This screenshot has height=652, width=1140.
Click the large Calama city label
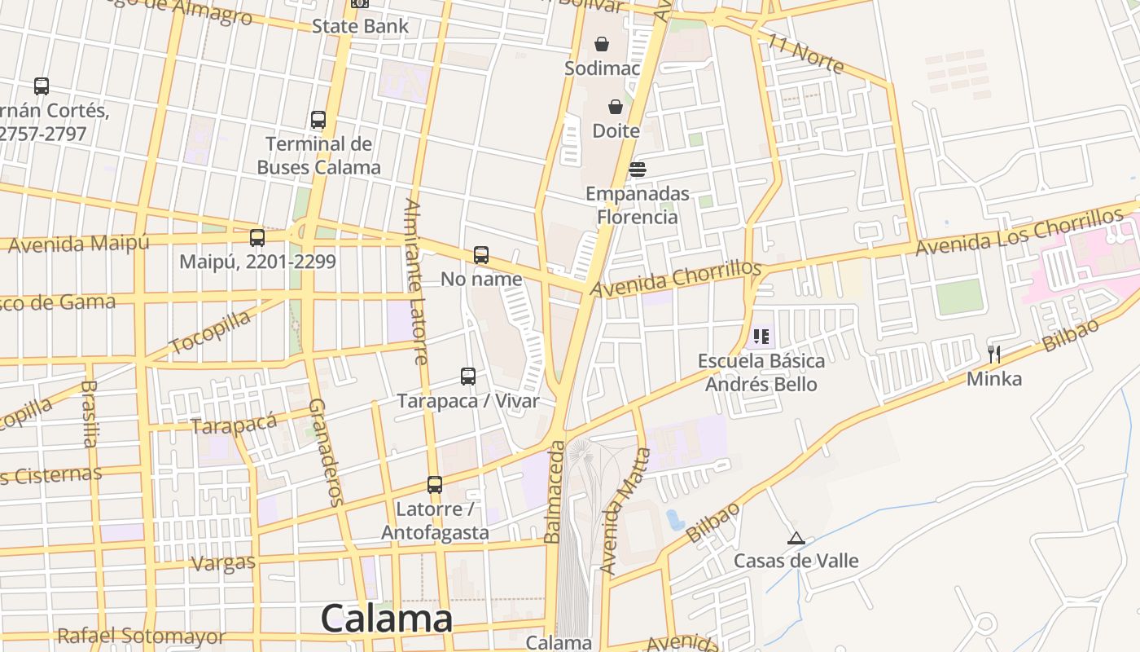386,619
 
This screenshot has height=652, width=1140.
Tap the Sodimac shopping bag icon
602,44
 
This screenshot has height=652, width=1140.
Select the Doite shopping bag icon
616,107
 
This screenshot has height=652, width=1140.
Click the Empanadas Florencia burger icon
637,170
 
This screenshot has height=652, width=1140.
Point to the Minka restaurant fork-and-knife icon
993,354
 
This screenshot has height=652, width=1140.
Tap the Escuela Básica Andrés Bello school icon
761,336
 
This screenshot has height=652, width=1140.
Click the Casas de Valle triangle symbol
796,538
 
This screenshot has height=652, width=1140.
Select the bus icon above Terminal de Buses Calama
318,120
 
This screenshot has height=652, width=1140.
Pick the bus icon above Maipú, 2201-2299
257,238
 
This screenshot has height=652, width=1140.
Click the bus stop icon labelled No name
481,255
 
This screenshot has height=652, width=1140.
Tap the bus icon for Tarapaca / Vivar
468,377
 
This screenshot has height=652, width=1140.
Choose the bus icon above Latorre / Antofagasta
435,485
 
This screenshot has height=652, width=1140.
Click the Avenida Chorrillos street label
676,279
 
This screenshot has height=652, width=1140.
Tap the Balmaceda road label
555,492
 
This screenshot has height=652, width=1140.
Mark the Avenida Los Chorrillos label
1019,231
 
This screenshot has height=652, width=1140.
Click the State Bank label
361,26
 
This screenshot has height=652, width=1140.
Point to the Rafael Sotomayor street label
141,637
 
